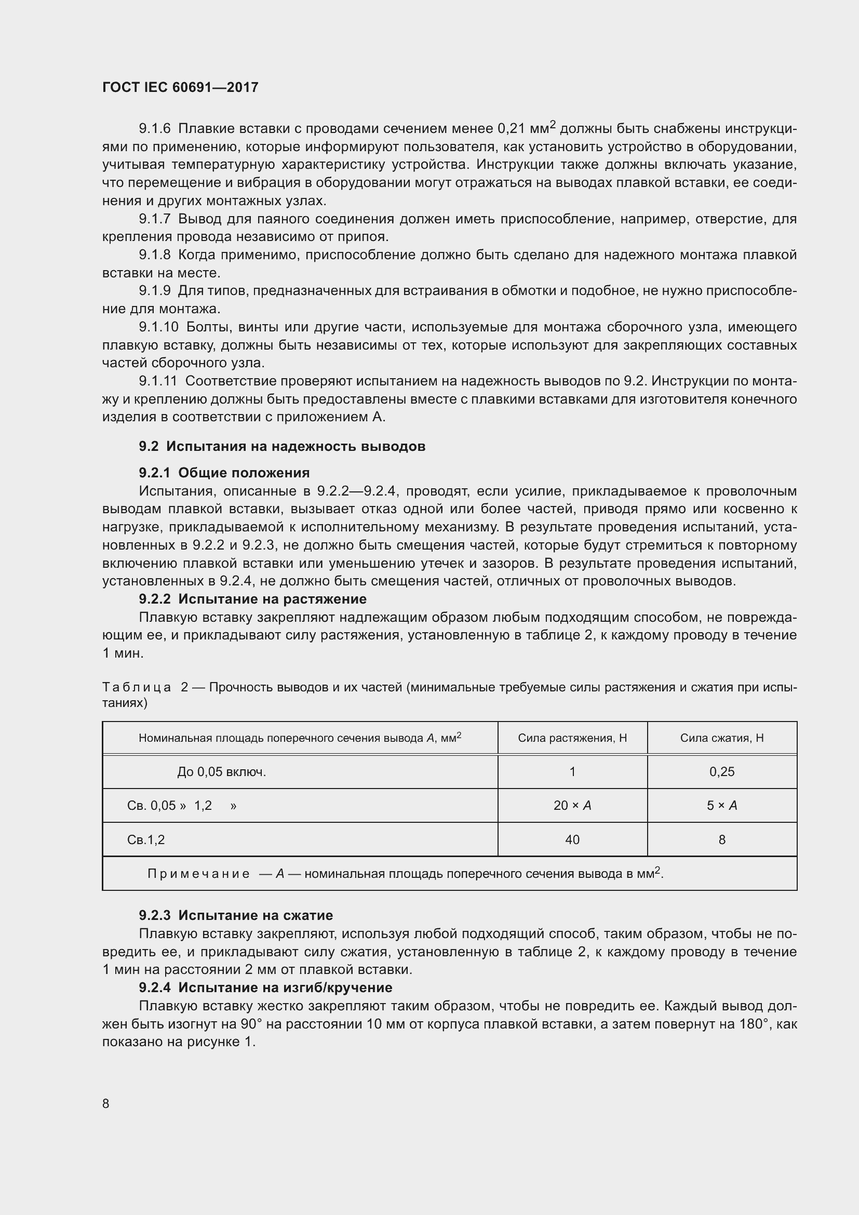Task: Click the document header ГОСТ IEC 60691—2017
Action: (180, 87)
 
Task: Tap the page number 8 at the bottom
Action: (106, 1103)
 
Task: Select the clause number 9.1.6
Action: (154, 129)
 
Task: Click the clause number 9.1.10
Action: (159, 327)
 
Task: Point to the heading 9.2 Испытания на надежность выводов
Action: (282, 446)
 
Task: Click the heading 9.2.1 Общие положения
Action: (224, 473)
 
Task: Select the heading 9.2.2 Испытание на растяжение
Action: (252, 599)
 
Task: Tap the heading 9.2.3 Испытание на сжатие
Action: (236, 915)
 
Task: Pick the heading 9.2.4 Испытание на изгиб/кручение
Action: (265, 987)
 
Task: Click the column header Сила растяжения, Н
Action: (572, 738)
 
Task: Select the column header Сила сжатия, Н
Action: (721, 738)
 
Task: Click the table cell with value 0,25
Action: (721, 771)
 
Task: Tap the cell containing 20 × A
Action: (572, 806)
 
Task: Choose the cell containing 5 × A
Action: (721, 806)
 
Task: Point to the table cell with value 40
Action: (572, 839)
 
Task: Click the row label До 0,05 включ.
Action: (221, 772)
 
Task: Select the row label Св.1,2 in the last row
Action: (146, 840)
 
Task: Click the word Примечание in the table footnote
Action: (198, 874)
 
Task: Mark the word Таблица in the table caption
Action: (137, 687)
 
